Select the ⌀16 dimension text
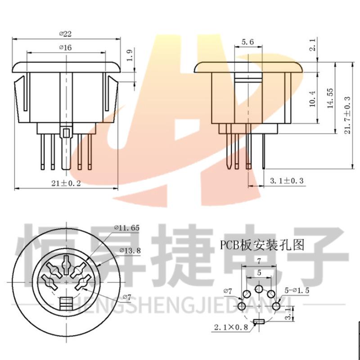click(x=66, y=47)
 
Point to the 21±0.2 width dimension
click(x=66, y=183)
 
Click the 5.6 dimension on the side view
click(x=248, y=42)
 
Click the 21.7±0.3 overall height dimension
click(x=346, y=111)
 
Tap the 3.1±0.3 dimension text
click(x=287, y=181)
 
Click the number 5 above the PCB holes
click(x=259, y=273)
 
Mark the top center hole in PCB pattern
click(x=259, y=289)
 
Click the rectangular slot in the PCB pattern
click(x=259, y=321)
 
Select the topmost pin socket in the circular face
click(x=66, y=262)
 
